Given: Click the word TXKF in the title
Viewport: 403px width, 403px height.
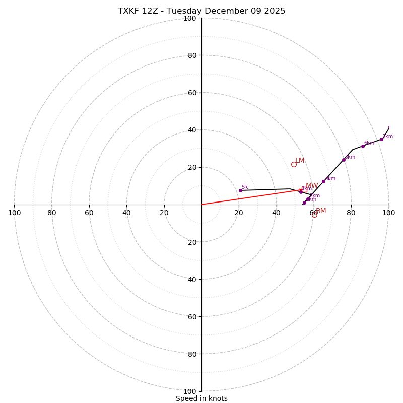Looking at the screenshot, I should pos(128,11).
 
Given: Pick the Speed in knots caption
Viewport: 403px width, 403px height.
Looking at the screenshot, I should pos(201,398).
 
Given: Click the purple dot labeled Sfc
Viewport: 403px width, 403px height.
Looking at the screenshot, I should pos(240,190).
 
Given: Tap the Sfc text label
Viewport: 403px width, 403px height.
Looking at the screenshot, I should pos(245,187).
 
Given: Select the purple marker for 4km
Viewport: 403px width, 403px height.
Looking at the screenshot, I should pos(323,181).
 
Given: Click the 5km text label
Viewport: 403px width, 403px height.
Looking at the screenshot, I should pos(350,157).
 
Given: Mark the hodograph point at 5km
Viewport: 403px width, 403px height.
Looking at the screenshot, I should pos(344,160).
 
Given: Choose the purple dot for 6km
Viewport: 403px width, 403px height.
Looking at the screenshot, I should pos(363,146).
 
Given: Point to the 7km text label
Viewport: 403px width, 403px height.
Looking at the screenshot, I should pos(388,137).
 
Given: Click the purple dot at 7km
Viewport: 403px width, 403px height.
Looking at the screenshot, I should pos(381,139).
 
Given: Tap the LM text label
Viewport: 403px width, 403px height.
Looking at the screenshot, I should pos(300,161).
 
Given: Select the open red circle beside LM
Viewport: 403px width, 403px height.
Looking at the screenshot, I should pos(294,164).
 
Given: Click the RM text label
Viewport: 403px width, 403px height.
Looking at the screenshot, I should pos(321,211).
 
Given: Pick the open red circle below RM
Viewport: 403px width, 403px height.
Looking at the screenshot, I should pos(314,214).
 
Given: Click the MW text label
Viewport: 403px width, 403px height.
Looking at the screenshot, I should pos(312,186).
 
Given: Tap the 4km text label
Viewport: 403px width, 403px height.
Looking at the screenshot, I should pos(330,179).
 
